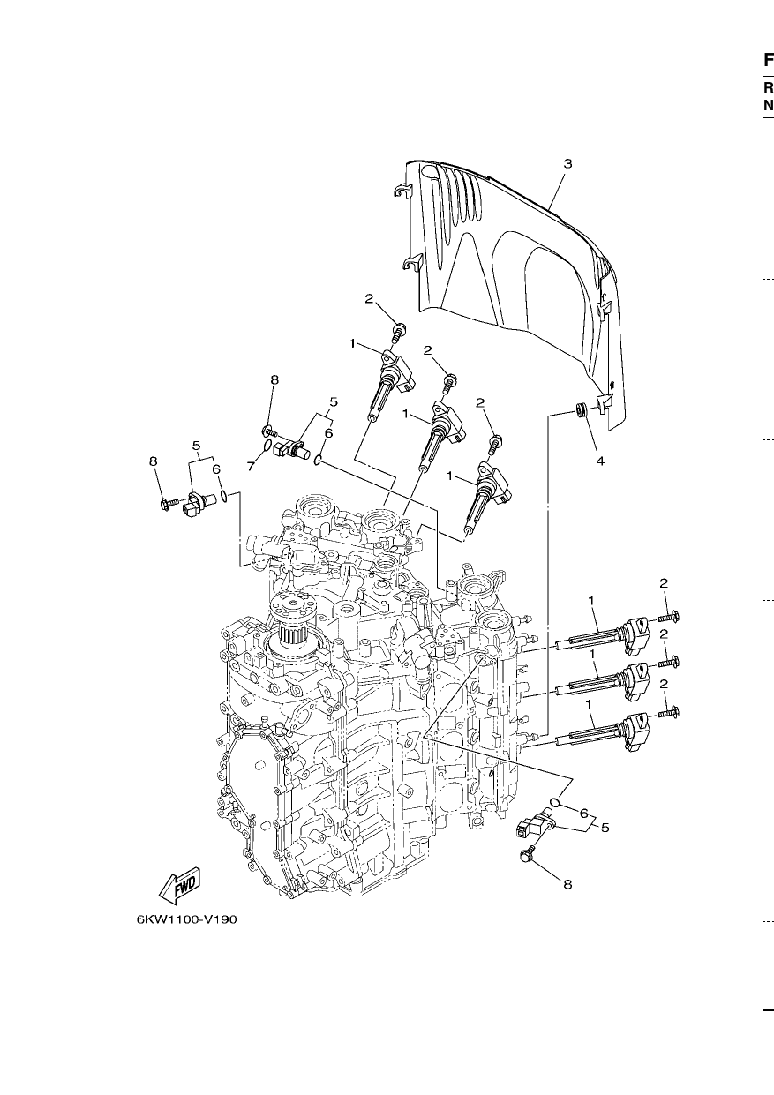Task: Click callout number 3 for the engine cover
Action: [x=567, y=163]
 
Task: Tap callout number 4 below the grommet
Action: [x=600, y=461]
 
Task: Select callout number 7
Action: [x=251, y=467]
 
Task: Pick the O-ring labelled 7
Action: [x=267, y=445]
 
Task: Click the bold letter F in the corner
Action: [x=768, y=61]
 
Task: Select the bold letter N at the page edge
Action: [x=769, y=105]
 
